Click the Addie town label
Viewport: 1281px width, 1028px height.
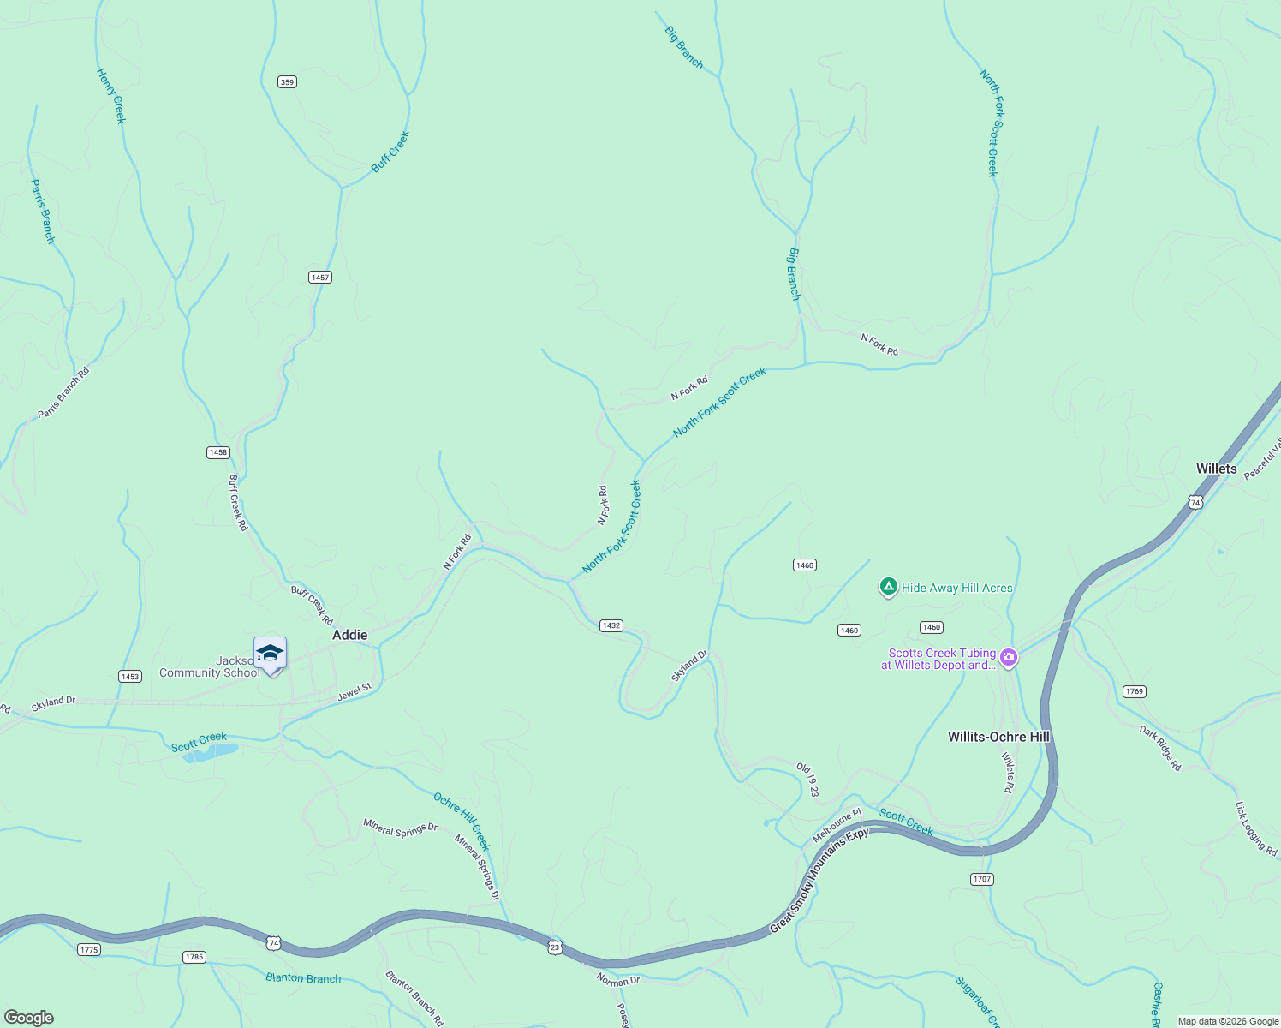(x=349, y=635)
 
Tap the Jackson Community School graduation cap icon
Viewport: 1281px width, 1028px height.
(x=270, y=653)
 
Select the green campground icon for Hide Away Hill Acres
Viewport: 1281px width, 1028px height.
(x=889, y=587)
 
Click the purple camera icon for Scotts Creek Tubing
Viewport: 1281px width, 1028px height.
(x=1009, y=658)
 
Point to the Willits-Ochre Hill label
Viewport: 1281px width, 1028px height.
(x=998, y=737)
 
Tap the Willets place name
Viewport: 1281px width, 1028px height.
(x=1216, y=469)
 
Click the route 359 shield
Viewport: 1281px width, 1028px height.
(x=287, y=82)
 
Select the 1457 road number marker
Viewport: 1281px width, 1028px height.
(x=319, y=277)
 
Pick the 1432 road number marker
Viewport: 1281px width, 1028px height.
(x=611, y=625)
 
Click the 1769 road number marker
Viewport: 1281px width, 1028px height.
(x=1134, y=691)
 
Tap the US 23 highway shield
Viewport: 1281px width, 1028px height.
(x=555, y=947)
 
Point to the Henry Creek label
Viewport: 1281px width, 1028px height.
(x=111, y=96)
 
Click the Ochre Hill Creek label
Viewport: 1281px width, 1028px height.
(x=462, y=821)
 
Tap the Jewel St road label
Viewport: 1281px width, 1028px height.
(x=354, y=692)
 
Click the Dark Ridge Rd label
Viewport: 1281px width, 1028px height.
(x=1160, y=748)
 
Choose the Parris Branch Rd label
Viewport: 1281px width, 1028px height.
(x=63, y=393)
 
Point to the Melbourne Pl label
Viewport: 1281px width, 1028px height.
(x=837, y=826)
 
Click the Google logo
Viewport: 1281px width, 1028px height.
(x=28, y=1018)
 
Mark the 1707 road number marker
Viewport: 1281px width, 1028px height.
(x=981, y=879)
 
